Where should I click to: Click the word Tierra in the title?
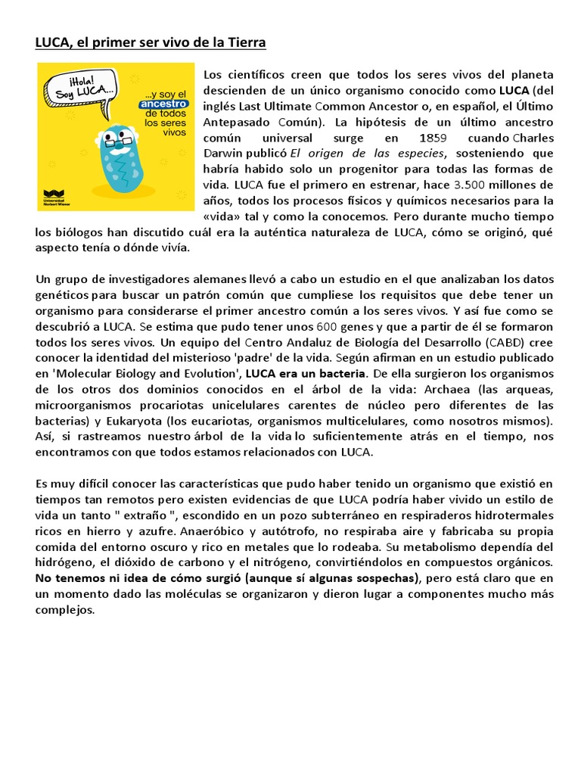coord(244,43)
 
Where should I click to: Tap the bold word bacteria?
coord(342,373)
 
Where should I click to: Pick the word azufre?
coord(147,531)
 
